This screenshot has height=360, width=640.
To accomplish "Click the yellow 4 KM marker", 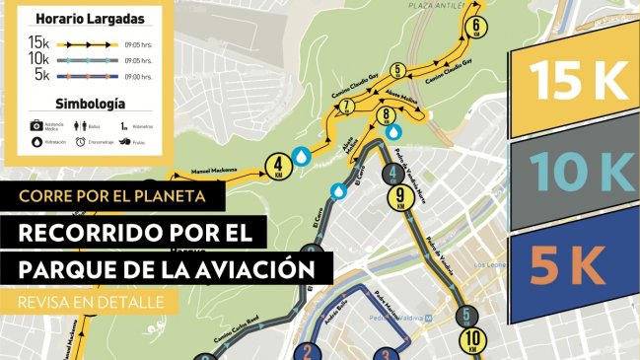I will click(278, 165).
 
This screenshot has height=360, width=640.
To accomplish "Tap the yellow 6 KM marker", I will click(478, 26).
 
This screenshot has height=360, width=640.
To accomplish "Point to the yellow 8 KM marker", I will click(386, 116).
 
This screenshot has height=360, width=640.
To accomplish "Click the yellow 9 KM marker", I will click(399, 198).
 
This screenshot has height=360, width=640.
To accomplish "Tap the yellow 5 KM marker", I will click(397, 70).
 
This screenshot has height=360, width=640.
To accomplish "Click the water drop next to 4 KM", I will click(304, 157).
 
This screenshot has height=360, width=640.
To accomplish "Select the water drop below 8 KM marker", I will click(394, 131).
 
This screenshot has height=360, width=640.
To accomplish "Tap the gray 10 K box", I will click(573, 178).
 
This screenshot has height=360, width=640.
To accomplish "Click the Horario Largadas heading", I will click(90, 18).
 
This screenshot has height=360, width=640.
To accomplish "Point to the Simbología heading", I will click(90, 103).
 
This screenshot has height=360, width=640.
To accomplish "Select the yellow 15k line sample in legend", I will click(87, 43).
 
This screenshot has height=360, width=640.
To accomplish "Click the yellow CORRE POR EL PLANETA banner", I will click(110, 195).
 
